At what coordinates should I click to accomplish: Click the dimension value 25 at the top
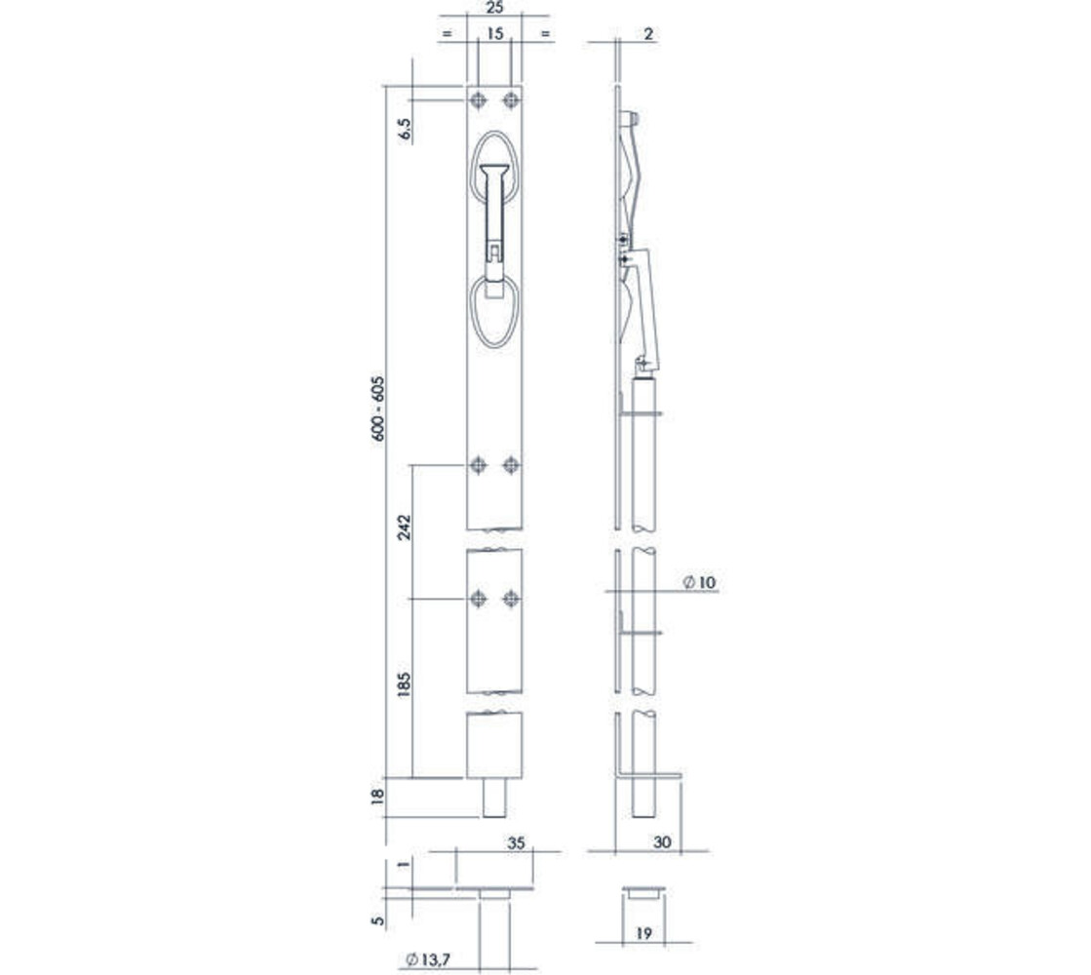tap(493, 8)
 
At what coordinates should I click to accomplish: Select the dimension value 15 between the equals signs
tap(493, 34)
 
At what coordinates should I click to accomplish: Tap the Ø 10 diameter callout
tap(699, 582)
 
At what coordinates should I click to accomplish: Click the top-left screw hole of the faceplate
tap(478, 100)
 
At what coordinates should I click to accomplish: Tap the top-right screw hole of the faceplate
tap(511, 100)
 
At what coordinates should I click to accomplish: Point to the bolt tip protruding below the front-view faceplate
tap(494, 798)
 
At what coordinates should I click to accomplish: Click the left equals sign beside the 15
tap(448, 34)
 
